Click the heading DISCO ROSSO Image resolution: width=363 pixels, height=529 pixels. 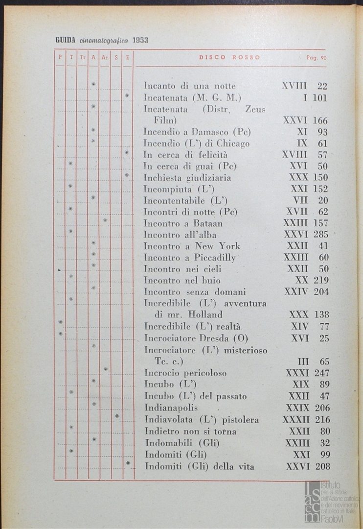click(x=229, y=57)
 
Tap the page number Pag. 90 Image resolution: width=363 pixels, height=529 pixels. click(x=317, y=57)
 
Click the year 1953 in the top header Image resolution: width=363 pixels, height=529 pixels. click(x=140, y=41)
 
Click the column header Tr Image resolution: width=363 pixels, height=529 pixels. click(x=82, y=57)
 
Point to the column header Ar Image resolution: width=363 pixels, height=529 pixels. click(x=104, y=57)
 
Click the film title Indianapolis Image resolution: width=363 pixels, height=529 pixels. click(x=171, y=408)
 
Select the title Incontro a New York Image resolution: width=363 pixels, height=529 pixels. click(x=192, y=246)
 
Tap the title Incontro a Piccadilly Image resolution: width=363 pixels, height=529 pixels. click(x=189, y=257)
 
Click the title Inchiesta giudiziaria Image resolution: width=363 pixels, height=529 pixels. click(x=187, y=177)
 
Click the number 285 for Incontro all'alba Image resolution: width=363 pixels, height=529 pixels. click(x=321, y=235)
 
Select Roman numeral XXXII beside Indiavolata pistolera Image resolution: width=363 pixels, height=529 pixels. click(x=296, y=420)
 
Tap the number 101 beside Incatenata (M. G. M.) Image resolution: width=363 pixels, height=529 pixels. click(x=319, y=97)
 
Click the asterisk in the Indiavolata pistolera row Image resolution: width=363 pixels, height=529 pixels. click(x=116, y=416)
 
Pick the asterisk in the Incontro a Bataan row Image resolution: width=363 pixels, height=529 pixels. click(x=105, y=220)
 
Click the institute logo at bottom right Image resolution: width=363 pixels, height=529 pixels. click(x=331, y=501)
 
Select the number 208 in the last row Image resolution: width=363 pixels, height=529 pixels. click(x=321, y=466)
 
